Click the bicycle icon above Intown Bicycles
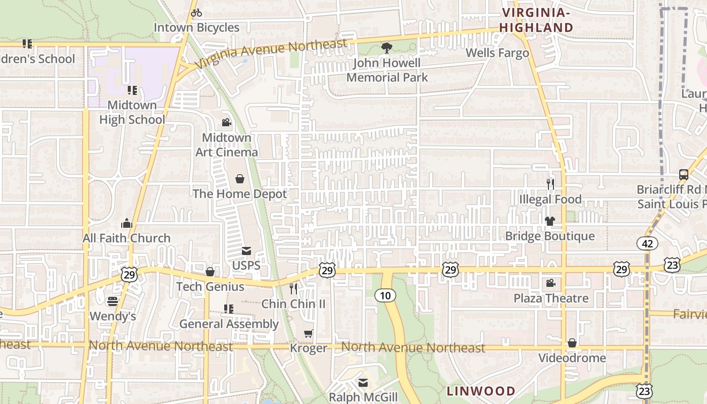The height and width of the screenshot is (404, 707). pyautogui.click(x=196, y=13)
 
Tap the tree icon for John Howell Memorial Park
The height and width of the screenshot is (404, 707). pyautogui.click(x=386, y=48)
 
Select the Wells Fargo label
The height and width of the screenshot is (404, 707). pyautogui.click(x=497, y=53)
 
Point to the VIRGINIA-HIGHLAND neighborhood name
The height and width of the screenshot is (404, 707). pyautogui.click(x=536, y=20)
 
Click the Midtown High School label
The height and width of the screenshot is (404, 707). pyautogui.click(x=132, y=112)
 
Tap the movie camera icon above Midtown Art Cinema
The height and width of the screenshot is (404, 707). pyautogui.click(x=226, y=122)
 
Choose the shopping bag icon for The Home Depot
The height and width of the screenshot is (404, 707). pyautogui.click(x=239, y=179)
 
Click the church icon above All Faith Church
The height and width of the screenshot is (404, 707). pyautogui.click(x=126, y=223)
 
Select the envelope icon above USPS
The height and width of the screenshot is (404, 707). pyautogui.click(x=246, y=251)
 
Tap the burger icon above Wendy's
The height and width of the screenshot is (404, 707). pyautogui.click(x=113, y=301)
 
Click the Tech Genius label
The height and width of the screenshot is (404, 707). pyautogui.click(x=210, y=287)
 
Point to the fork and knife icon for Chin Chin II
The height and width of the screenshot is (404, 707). pyautogui.click(x=293, y=288)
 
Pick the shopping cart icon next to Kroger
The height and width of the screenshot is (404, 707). pyautogui.click(x=308, y=333)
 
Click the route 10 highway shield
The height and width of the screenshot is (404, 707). pyautogui.click(x=385, y=295)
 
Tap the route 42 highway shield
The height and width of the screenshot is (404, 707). pyautogui.click(x=647, y=243)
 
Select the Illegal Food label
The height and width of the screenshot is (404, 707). pyautogui.click(x=550, y=199)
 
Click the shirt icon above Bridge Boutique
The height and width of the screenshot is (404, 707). pyautogui.click(x=550, y=221)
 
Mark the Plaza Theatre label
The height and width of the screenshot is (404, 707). pyautogui.click(x=551, y=298)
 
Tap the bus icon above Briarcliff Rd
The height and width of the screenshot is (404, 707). pyautogui.click(x=683, y=175)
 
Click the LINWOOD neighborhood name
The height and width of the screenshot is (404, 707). pyautogui.click(x=481, y=391)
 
